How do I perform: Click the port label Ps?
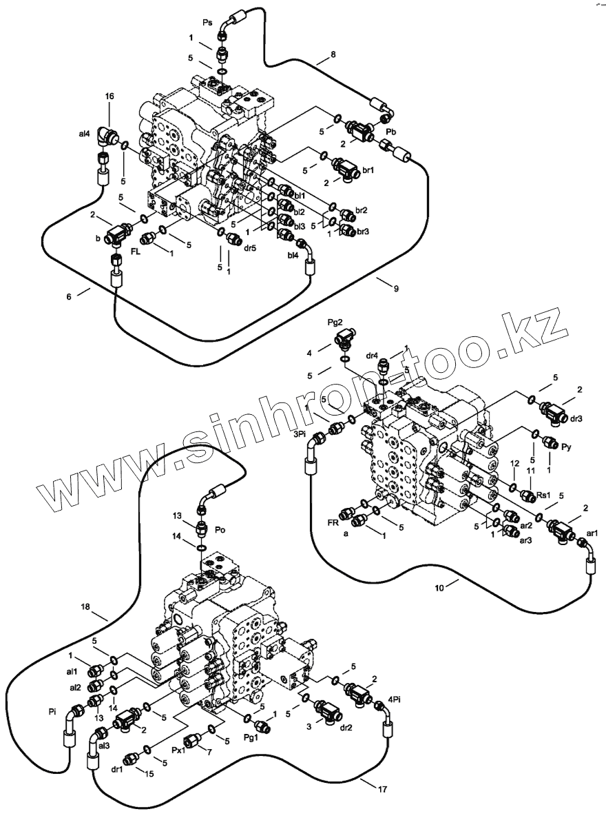207,23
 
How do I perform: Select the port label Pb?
390,131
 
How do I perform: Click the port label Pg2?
335,323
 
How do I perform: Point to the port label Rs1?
544,495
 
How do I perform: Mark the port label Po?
220,531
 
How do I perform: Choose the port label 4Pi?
394,698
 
